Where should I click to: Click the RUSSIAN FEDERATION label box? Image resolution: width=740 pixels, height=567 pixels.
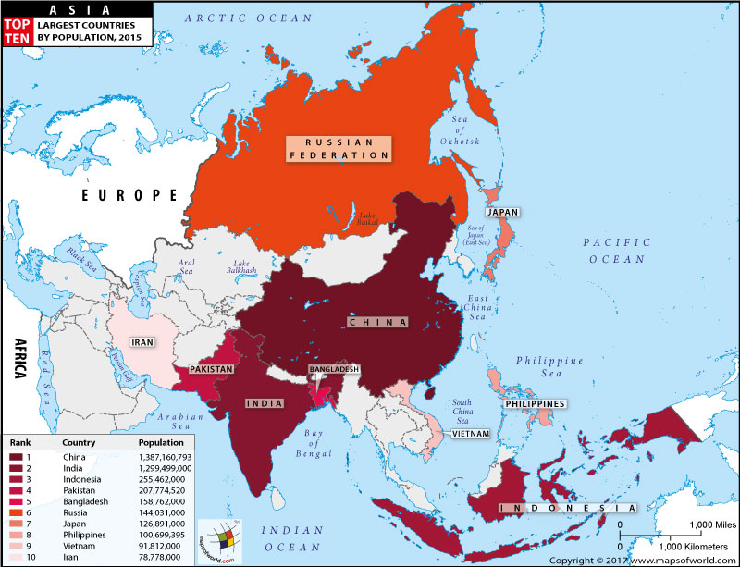click(x=338, y=149)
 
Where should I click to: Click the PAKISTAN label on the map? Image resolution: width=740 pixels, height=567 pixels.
click(x=210, y=369)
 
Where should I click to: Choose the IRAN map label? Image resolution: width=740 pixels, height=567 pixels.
click(x=141, y=341)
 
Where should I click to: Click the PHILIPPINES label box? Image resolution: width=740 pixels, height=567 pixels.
click(x=535, y=404)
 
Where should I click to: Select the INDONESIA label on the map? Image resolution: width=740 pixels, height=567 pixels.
click(x=567, y=509)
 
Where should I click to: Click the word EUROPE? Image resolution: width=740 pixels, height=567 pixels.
click(x=129, y=195)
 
